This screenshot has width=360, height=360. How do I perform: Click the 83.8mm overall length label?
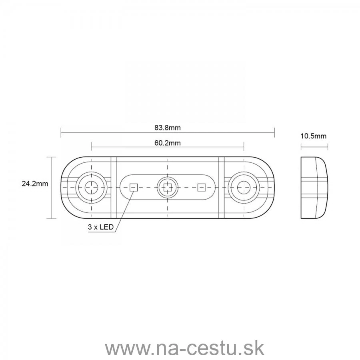click(168, 128)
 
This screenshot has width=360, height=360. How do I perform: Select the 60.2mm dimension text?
click(168, 143)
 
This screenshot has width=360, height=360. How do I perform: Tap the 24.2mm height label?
click(35, 184)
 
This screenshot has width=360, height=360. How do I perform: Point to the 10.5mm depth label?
click(313, 136)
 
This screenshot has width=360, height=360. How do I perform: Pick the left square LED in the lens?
click(133, 187)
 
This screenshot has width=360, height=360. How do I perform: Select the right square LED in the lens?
click(202, 187)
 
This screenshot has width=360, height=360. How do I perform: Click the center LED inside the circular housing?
click(167, 187)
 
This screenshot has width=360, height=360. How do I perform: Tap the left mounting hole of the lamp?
click(92, 187)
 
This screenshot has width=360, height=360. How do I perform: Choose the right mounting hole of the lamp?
click(243, 187)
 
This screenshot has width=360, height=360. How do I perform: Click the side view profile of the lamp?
click(314, 188)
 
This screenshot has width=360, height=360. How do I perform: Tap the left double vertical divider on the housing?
click(114, 188)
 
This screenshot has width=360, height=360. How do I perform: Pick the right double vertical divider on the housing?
click(221, 188)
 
